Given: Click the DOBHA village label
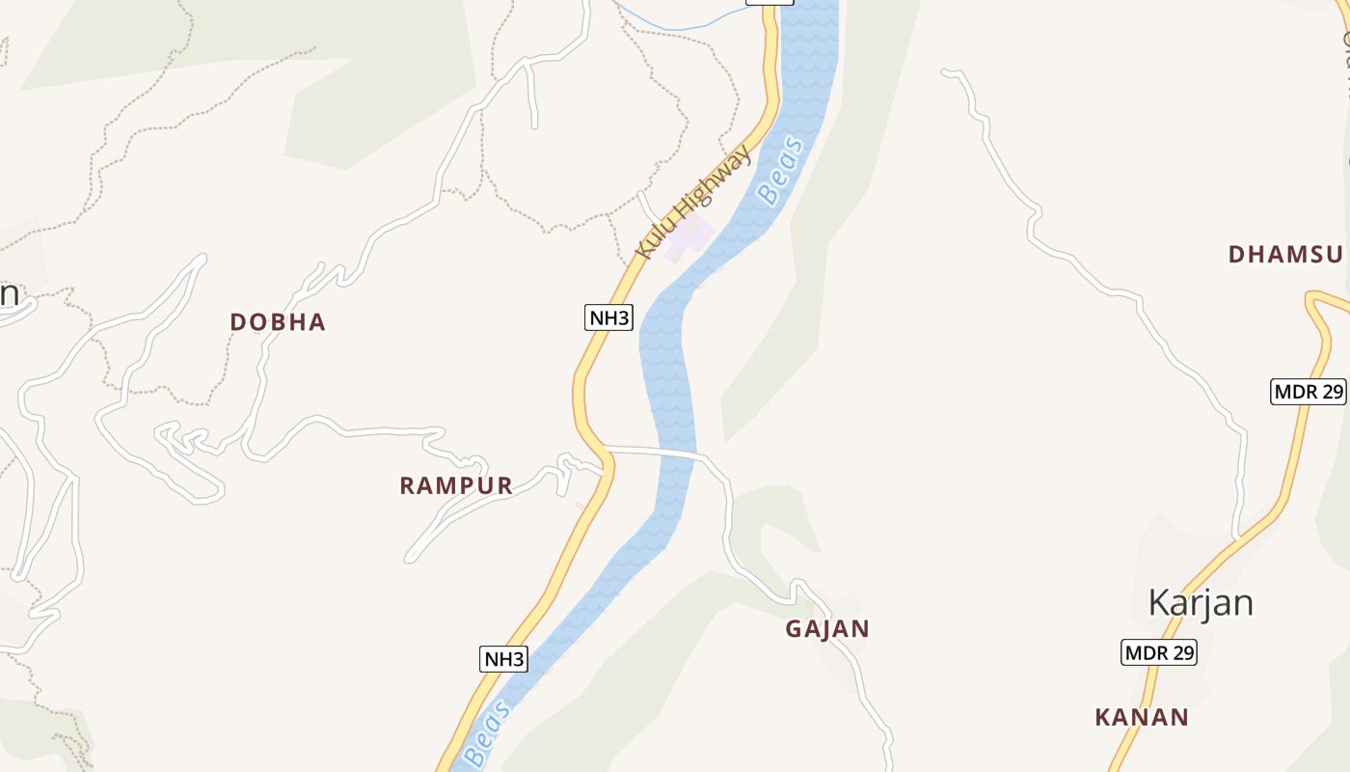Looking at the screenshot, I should tap(278, 322).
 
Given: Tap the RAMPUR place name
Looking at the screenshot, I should tap(456, 485).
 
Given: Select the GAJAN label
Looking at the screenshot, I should tap(827, 629).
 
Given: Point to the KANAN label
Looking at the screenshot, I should tap(1142, 717).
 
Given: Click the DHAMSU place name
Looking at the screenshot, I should tap(1285, 255).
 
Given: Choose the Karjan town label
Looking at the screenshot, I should tap(1201, 603).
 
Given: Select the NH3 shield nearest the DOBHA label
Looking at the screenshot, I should tap(608, 317).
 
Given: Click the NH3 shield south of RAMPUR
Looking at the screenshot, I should tap(503, 659).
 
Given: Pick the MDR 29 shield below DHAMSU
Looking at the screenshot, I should tap(1308, 391).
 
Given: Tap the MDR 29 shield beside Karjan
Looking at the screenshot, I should tap(1158, 652).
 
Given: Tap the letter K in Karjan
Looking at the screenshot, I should tap(1160, 603).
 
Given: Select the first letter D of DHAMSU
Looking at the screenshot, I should tap(1237, 255).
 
